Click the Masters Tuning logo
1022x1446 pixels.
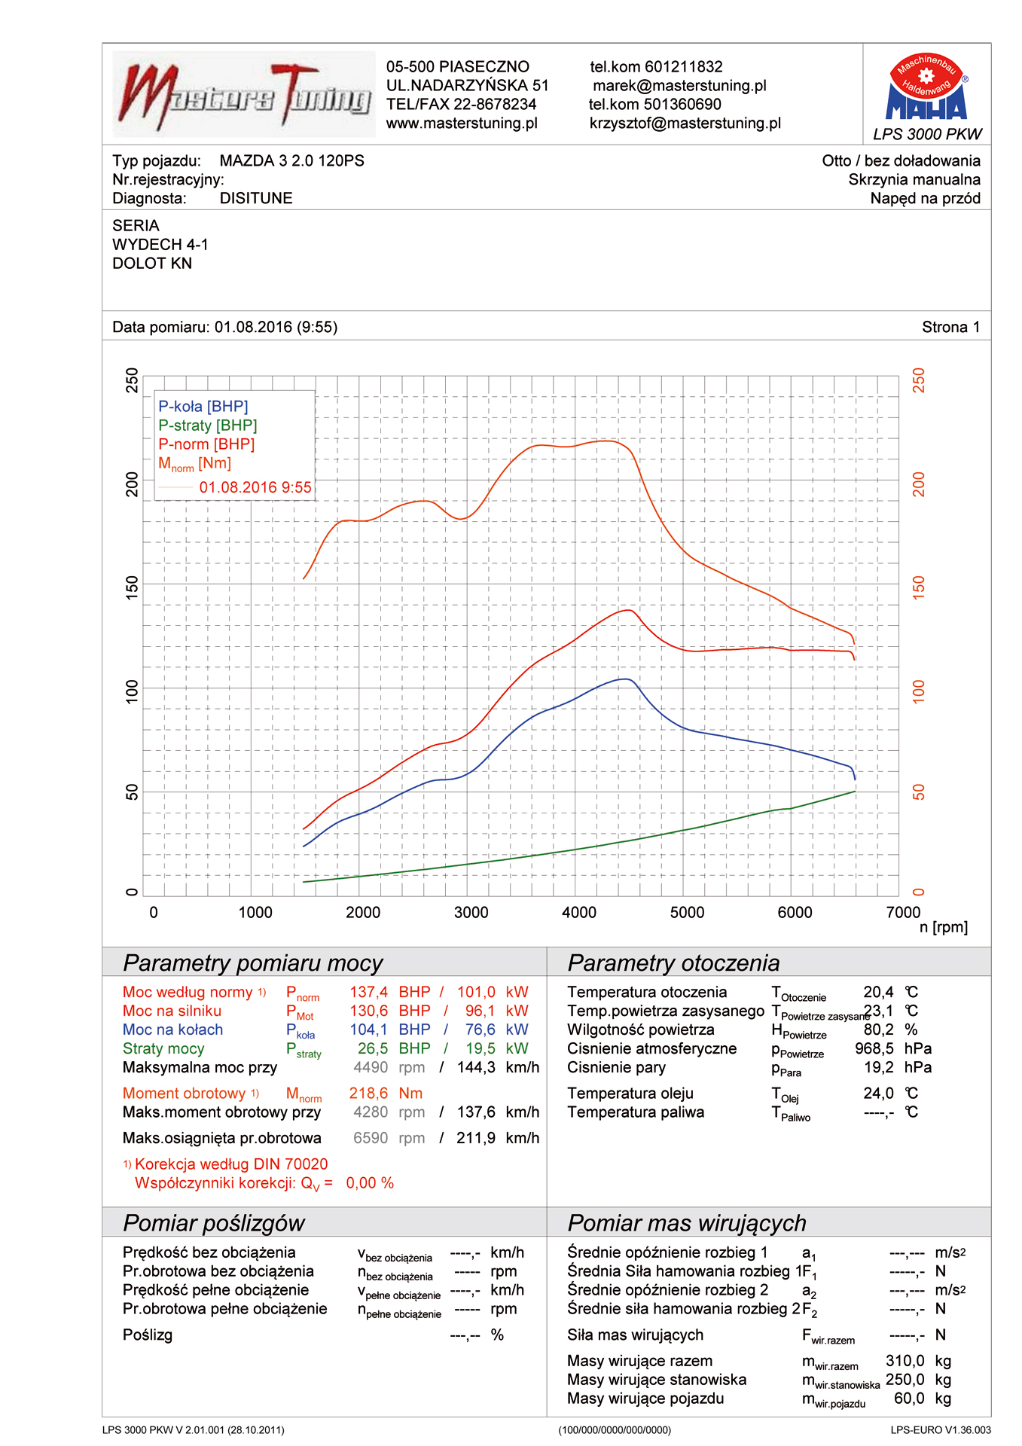[243, 94]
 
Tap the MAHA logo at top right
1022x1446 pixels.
[927, 89]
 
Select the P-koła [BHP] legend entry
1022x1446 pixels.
[203, 407]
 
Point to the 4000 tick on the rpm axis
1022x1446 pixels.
[578, 913]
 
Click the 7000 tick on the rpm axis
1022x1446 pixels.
[902, 913]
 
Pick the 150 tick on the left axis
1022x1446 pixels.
[133, 587]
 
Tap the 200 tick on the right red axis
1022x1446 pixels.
[919, 484]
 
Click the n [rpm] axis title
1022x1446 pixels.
[943, 928]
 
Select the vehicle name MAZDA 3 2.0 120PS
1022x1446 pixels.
[291, 161]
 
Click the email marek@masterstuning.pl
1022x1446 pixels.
[679, 86]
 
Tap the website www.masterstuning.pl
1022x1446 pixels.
[462, 124]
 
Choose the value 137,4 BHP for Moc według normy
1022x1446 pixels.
[389, 993]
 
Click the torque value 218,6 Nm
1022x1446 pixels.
[386, 1094]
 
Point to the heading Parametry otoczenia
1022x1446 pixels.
[673, 963]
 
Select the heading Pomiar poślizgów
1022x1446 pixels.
[214, 1223]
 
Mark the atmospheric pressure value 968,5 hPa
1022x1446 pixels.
[892, 1049]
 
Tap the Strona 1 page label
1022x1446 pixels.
[950, 328]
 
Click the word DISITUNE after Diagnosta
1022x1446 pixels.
[256, 199]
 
